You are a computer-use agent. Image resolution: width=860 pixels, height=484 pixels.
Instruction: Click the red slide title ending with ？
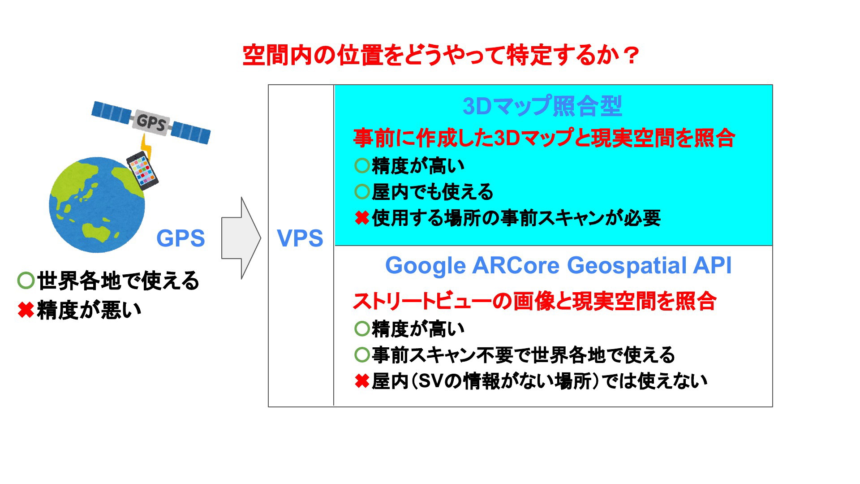tap(441, 56)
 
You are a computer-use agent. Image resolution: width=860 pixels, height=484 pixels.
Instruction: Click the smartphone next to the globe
tap(142, 171)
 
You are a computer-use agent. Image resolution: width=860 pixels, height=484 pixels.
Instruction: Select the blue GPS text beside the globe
tap(181, 238)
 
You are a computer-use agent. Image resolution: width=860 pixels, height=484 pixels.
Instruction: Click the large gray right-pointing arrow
tap(241, 238)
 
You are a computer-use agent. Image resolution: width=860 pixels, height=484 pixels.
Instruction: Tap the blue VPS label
tap(300, 238)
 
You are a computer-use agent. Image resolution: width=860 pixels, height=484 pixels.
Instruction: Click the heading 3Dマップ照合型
tap(542, 106)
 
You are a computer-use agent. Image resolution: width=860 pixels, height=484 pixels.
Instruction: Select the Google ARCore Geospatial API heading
tap(559, 265)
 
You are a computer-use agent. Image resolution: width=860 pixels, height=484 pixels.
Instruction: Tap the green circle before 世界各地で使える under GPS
tap(26, 281)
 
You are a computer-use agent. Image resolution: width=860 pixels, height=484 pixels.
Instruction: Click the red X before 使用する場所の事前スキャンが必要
tap(362, 218)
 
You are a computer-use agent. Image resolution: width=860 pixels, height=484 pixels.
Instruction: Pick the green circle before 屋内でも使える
tap(362, 192)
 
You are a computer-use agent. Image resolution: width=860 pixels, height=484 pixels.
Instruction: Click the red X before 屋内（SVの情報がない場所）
tap(362, 381)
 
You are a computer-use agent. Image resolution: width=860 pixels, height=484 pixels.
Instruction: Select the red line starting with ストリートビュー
tap(535, 301)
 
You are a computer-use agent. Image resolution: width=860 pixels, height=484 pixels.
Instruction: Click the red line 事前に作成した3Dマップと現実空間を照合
tap(544, 138)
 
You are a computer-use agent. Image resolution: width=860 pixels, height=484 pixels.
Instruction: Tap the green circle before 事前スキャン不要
tap(362, 355)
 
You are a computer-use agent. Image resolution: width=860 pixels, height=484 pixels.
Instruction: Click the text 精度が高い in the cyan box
tap(418, 166)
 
